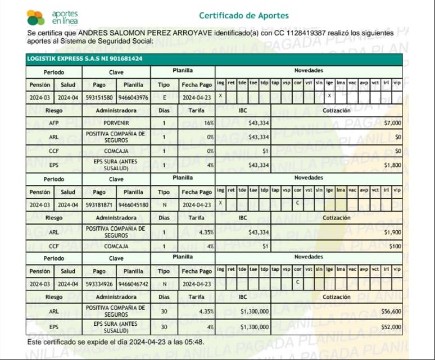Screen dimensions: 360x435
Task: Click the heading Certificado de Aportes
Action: tap(244, 15)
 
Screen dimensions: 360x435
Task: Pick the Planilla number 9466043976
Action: tap(133, 97)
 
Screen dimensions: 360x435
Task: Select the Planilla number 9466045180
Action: tap(133, 205)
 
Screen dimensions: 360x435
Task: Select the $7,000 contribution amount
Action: tap(392, 122)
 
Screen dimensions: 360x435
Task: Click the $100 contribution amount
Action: tap(395, 246)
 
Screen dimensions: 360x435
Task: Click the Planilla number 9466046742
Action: tap(133, 284)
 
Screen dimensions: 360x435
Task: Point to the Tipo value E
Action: tap(164, 97)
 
